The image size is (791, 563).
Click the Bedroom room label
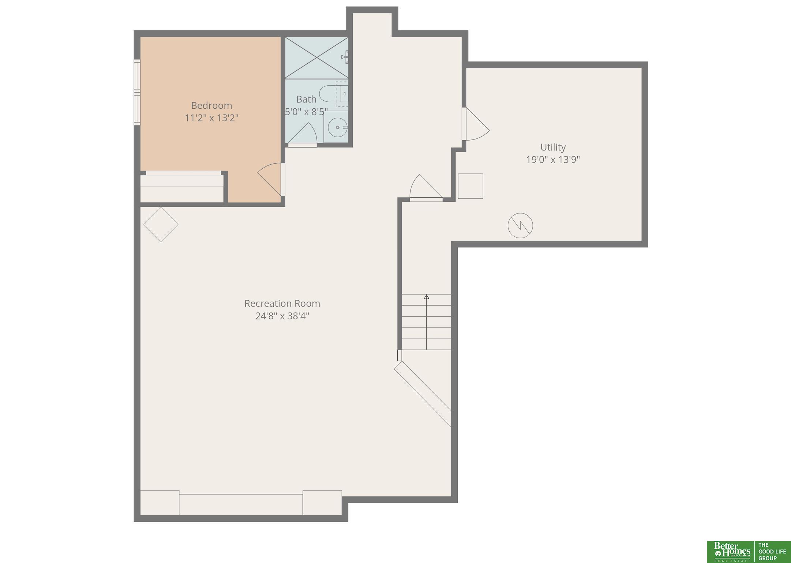[x=211, y=105]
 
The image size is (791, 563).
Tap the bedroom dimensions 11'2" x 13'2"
[x=211, y=118]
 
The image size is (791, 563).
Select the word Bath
[x=306, y=99]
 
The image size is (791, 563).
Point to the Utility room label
[x=553, y=147]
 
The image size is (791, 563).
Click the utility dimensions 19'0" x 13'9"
[x=553, y=160]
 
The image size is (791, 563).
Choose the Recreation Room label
[x=282, y=303]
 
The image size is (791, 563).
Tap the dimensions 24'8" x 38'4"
[x=282, y=316]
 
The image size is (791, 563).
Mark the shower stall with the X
[x=316, y=57]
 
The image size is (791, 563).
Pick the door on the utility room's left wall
[x=476, y=124]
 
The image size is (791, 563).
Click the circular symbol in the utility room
[x=520, y=225]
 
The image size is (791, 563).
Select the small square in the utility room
[x=471, y=186]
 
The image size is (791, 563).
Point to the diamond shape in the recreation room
[x=161, y=224]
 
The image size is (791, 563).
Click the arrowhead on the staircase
[x=426, y=297]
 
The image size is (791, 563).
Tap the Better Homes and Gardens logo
[x=730, y=552]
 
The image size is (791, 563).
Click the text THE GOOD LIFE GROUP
[x=772, y=551]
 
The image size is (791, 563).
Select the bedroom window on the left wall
[x=137, y=92]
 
